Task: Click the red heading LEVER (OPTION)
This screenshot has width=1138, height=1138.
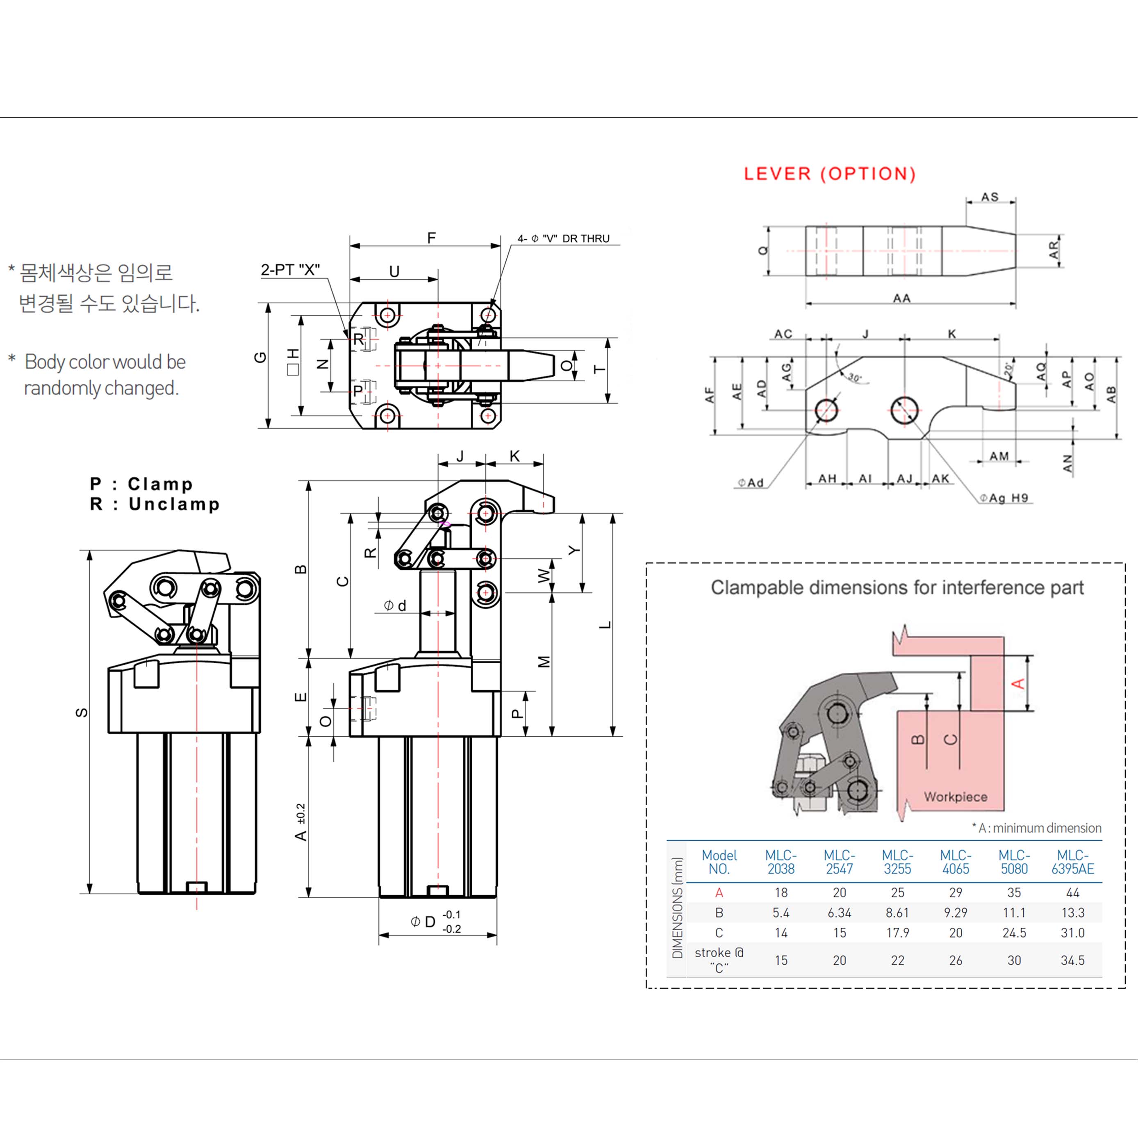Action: pyautogui.click(x=829, y=174)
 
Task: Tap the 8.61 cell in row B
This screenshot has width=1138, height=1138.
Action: pyautogui.click(x=897, y=913)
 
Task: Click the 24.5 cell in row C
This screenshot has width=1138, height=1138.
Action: pyautogui.click(x=1014, y=933)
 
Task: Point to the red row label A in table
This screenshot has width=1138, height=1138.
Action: pyautogui.click(x=719, y=892)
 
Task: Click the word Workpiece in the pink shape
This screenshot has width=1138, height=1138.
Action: pyautogui.click(x=956, y=797)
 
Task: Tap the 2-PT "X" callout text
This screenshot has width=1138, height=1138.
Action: pyautogui.click(x=290, y=270)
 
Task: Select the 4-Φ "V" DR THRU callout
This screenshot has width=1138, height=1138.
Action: pyautogui.click(x=563, y=239)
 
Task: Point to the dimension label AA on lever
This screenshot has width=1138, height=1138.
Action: pyautogui.click(x=901, y=298)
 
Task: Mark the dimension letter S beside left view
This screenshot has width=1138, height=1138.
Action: pyautogui.click(x=82, y=713)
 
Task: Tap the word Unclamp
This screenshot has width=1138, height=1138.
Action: pyautogui.click(x=174, y=504)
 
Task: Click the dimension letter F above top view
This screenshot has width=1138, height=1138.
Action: pyautogui.click(x=431, y=238)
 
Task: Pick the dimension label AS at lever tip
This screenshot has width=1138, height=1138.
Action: pyautogui.click(x=990, y=197)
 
